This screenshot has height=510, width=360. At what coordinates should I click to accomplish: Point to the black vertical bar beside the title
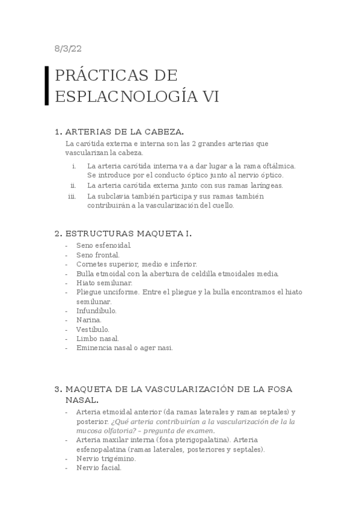[x=47, y=85]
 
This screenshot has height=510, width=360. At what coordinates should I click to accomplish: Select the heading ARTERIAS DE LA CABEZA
[x=124, y=132]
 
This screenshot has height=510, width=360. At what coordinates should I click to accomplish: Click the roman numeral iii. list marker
[x=72, y=196]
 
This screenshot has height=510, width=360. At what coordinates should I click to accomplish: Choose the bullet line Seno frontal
[x=98, y=255]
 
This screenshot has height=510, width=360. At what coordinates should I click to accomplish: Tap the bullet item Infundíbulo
[x=96, y=311]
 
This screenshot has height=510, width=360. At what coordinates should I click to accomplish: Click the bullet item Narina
[x=89, y=320]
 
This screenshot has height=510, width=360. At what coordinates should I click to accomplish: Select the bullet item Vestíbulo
[x=93, y=330]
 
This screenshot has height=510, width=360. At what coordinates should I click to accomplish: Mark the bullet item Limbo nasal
[x=97, y=339]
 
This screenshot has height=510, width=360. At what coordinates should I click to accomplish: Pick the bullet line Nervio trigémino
[x=106, y=458]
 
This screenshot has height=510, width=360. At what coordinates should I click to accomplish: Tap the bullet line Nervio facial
[x=99, y=468]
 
